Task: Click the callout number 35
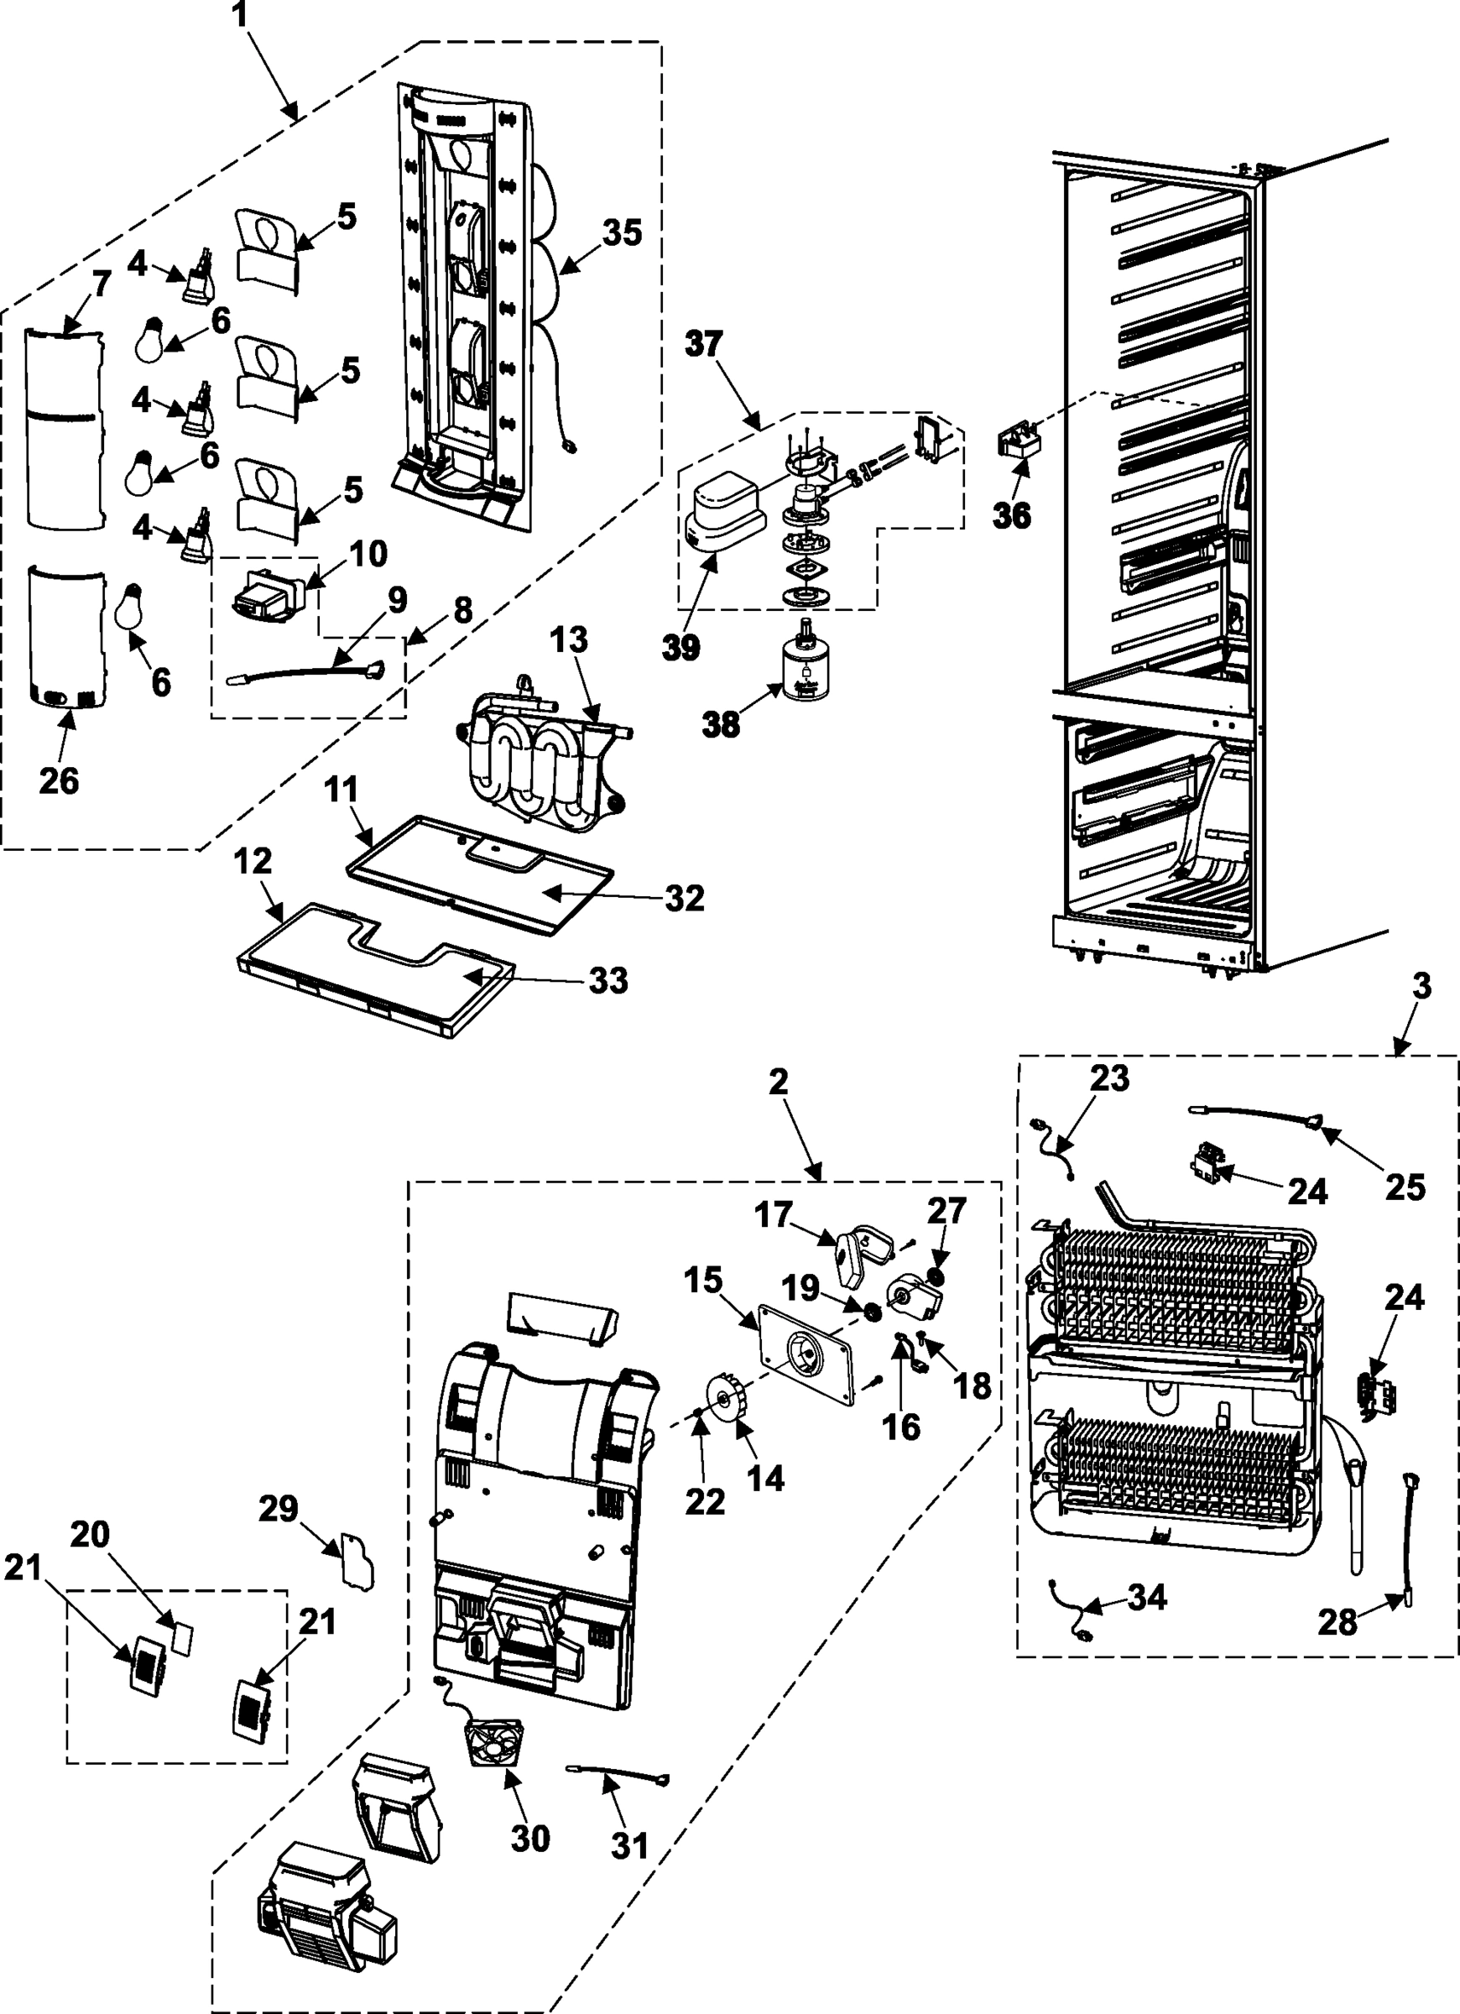[x=622, y=232]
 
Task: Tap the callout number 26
[x=59, y=780]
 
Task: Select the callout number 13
[x=568, y=639]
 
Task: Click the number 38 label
[x=720, y=723]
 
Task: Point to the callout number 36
[x=1012, y=514]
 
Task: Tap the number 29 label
[x=278, y=1508]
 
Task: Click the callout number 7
[x=101, y=284]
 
